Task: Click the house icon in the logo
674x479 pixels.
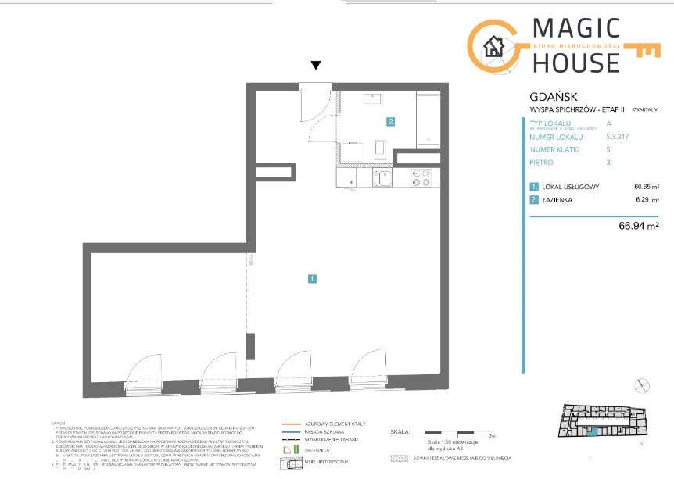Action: click(493, 46)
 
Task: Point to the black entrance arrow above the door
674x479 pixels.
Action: click(315, 66)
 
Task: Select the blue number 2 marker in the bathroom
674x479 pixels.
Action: click(389, 121)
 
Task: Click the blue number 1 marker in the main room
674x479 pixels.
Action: click(312, 277)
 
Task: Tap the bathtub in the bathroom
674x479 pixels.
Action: click(429, 120)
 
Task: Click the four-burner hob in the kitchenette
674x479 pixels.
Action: click(421, 178)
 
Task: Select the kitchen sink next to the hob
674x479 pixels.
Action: click(382, 178)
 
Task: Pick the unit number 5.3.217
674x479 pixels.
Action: click(617, 136)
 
